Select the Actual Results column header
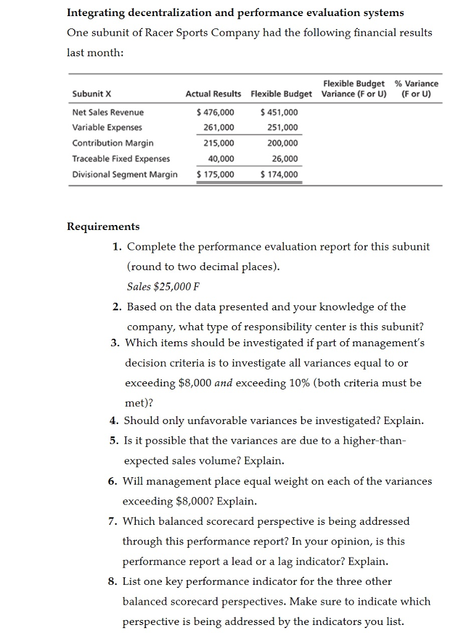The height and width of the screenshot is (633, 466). coord(213,94)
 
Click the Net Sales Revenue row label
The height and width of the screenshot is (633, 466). coord(108,112)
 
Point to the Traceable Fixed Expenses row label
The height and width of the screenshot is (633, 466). coord(121,158)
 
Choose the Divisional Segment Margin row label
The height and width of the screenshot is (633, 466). coord(124,174)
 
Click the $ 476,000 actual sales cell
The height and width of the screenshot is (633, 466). coord(215,112)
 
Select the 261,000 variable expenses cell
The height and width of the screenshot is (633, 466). coord(219,127)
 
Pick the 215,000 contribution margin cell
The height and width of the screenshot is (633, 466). coord(219,143)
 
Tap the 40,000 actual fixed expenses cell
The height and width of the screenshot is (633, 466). coord(221,158)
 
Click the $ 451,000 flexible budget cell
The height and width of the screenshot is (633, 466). coord(279,112)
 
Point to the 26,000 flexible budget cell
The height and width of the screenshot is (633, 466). coord(285,158)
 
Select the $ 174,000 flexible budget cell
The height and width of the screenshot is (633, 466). coord(279,174)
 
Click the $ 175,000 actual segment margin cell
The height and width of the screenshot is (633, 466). coord(215,174)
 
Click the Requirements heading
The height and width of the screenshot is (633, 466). coord(103,226)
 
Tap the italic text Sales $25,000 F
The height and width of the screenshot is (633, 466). coord(163,286)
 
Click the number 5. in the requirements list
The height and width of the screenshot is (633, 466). coord(114,441)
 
